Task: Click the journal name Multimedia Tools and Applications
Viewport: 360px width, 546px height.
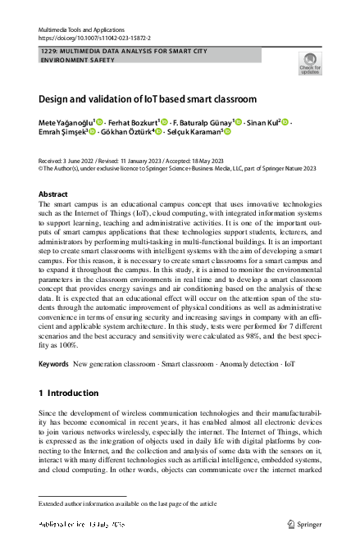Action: point(81,30)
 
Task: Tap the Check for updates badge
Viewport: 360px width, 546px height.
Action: point(309,63)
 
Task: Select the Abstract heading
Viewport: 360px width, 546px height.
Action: point(53,194)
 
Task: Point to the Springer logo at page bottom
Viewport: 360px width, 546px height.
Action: point(304,523)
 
